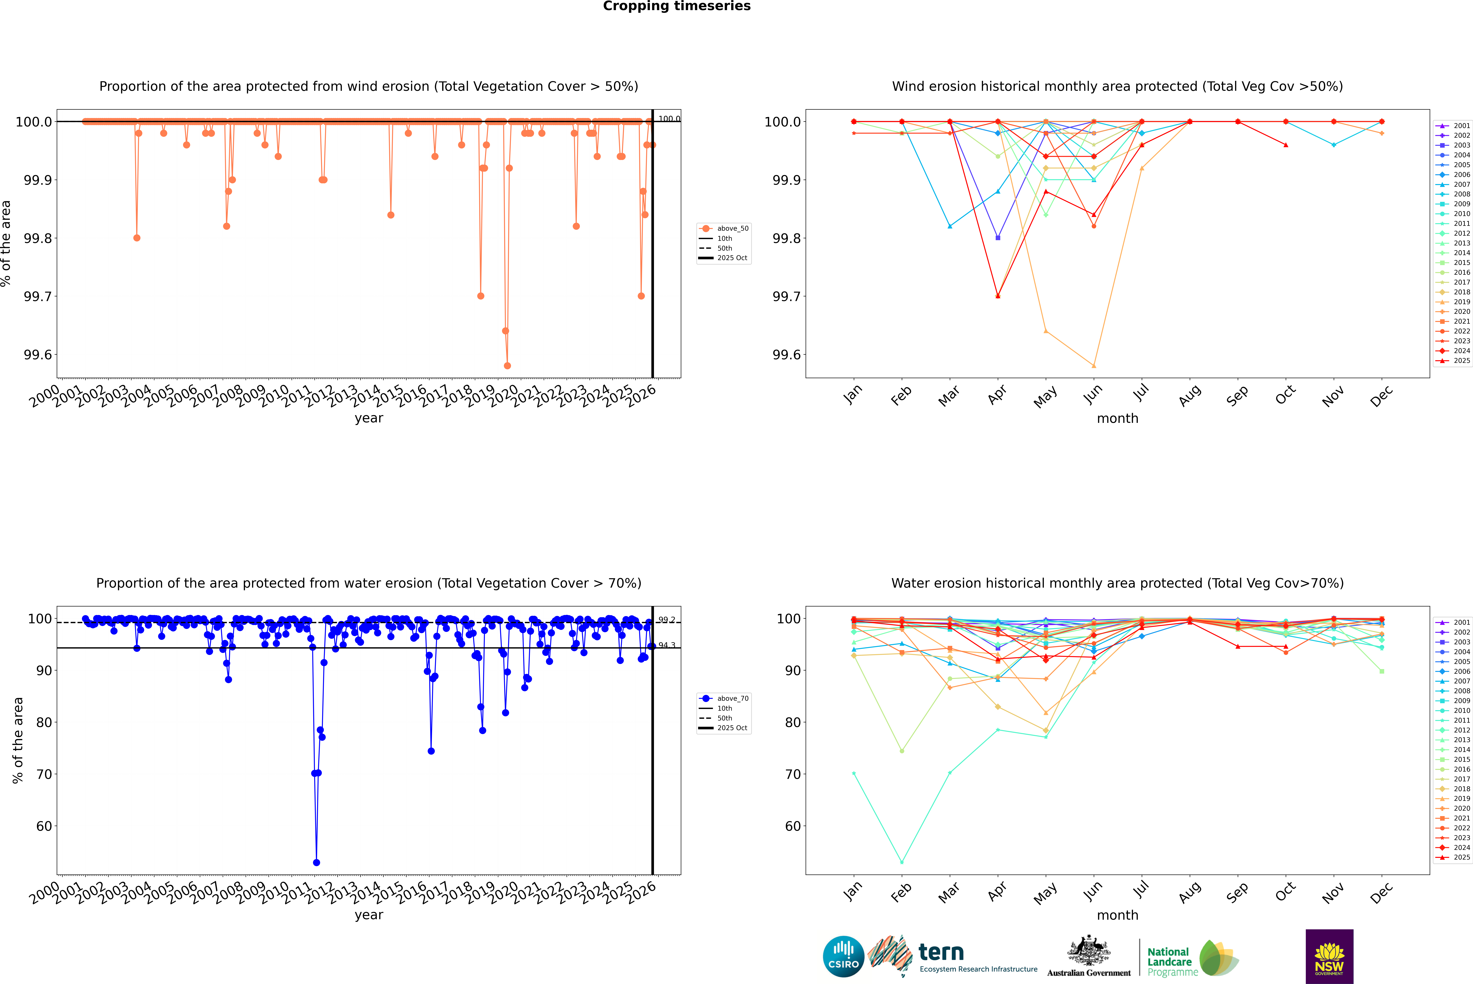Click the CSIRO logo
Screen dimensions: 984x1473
point(843,956)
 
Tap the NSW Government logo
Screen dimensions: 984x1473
point(1329,956)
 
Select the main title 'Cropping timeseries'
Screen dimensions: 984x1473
point(676,6)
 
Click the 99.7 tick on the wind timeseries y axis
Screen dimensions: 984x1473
point(38,296)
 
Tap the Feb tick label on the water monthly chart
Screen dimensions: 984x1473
point(901,892)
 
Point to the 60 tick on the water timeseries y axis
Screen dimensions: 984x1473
point(44,826)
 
